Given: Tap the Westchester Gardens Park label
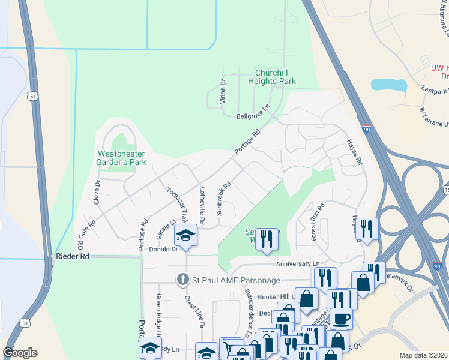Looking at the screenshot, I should (x=122, y=158).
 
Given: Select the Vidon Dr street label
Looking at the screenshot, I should (x=223, y=91).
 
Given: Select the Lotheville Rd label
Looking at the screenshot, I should (x=202, y=206).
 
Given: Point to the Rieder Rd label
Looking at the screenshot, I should (x=72, y=256).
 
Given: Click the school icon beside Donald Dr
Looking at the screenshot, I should (x=186, y=236).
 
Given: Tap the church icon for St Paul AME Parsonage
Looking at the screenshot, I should (x=183, y=279).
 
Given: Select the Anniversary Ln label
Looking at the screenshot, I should (x=298, y=264).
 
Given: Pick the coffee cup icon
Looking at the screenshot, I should (x=341, y=318).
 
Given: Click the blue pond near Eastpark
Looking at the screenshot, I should (x=388, y=84).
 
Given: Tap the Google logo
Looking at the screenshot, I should (x=20, y=352).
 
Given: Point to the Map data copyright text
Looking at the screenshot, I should (x=423, y=355).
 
